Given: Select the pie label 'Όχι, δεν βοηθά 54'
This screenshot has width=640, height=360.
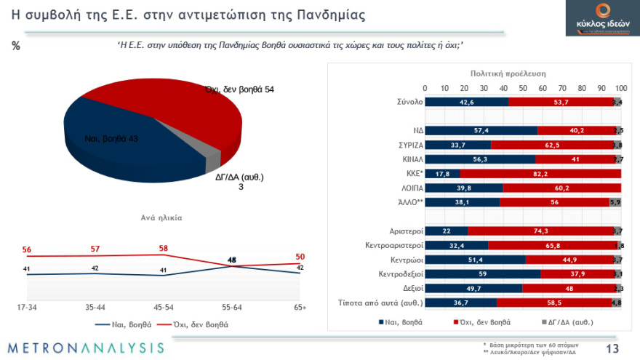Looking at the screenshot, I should [x=239, y=89].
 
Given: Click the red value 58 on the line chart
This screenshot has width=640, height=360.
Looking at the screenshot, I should [x=163, y=248].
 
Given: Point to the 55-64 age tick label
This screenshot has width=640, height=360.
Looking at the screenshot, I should [x=231, y=308].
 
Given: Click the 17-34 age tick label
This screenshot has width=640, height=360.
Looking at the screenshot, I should [x=27, y=308].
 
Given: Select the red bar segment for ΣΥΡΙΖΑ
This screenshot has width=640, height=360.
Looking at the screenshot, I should [x=552, y=145].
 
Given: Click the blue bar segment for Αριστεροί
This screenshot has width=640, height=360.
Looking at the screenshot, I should [x=446, y=231].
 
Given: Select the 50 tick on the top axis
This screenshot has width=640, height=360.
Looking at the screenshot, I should [x=523, y=88].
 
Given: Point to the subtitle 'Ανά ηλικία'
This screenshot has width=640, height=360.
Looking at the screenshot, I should [x=161, y=217].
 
